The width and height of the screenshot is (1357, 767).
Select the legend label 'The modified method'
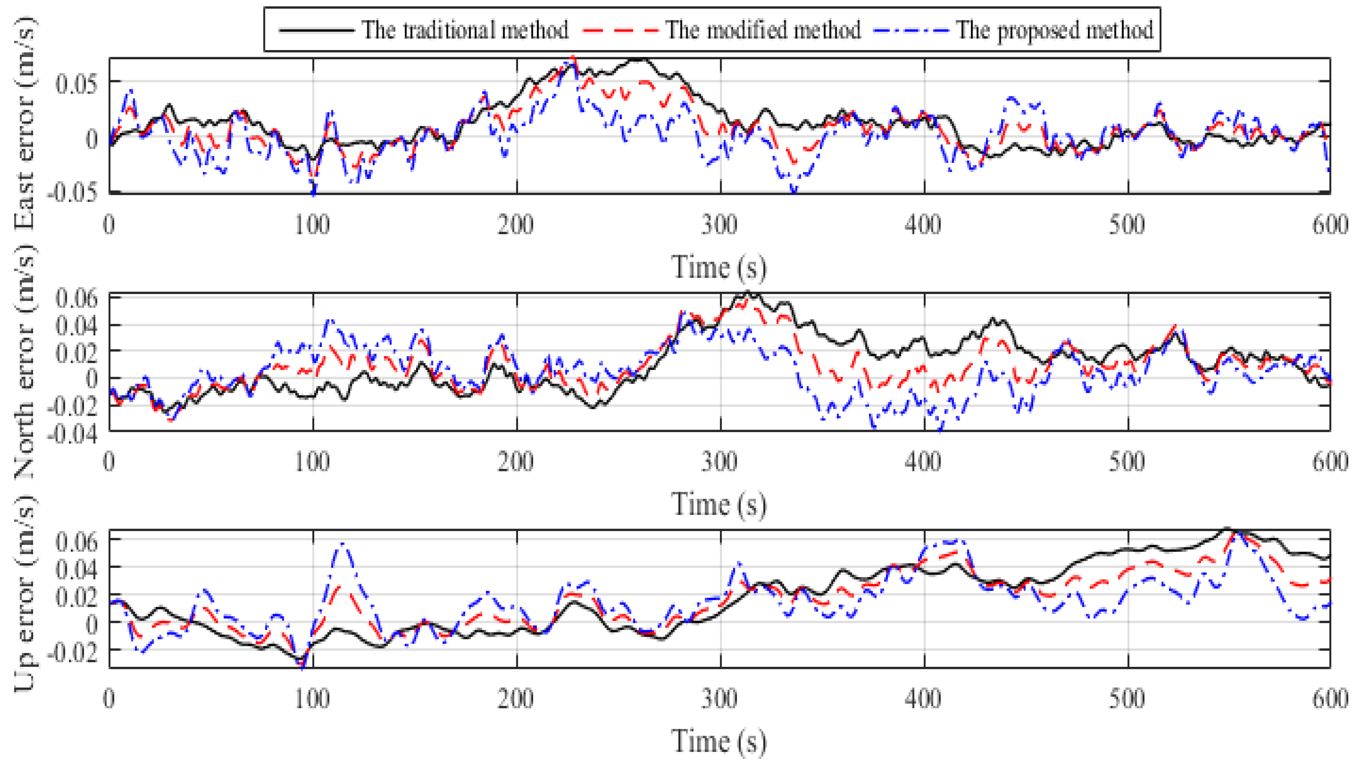pos(762,30)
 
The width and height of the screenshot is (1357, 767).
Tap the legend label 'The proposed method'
pos(1054,30)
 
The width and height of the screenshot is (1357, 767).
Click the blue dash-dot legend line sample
pos(910,30)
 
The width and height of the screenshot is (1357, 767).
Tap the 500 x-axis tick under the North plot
pos(1127,462)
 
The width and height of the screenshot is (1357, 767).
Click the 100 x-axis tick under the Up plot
pos(312,699)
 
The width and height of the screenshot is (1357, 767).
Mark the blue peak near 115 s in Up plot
pos(343,543)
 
